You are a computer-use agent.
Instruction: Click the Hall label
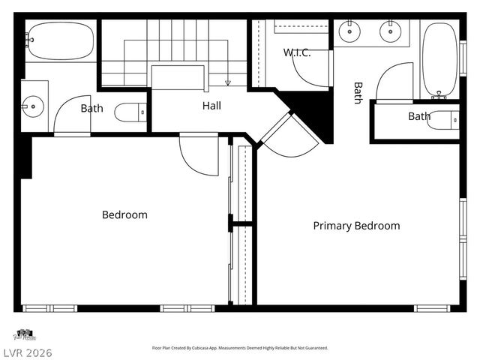(x=211, y=106)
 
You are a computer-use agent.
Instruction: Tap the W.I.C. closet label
(x=297, y=52)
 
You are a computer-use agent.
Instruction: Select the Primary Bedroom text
(x=356, y=226)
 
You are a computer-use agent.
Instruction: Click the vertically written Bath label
(x=358, y=93)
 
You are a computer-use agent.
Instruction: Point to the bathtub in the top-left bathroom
(x=60, y=40)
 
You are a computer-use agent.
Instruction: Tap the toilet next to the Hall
(x=131, y=113)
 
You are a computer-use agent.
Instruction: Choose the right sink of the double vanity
(x=389, y=31)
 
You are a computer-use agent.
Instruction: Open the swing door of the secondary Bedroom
(x=199, y=154)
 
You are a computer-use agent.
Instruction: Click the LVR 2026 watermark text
(x=26, y=352)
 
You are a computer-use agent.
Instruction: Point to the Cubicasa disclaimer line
(x=240, y=348)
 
